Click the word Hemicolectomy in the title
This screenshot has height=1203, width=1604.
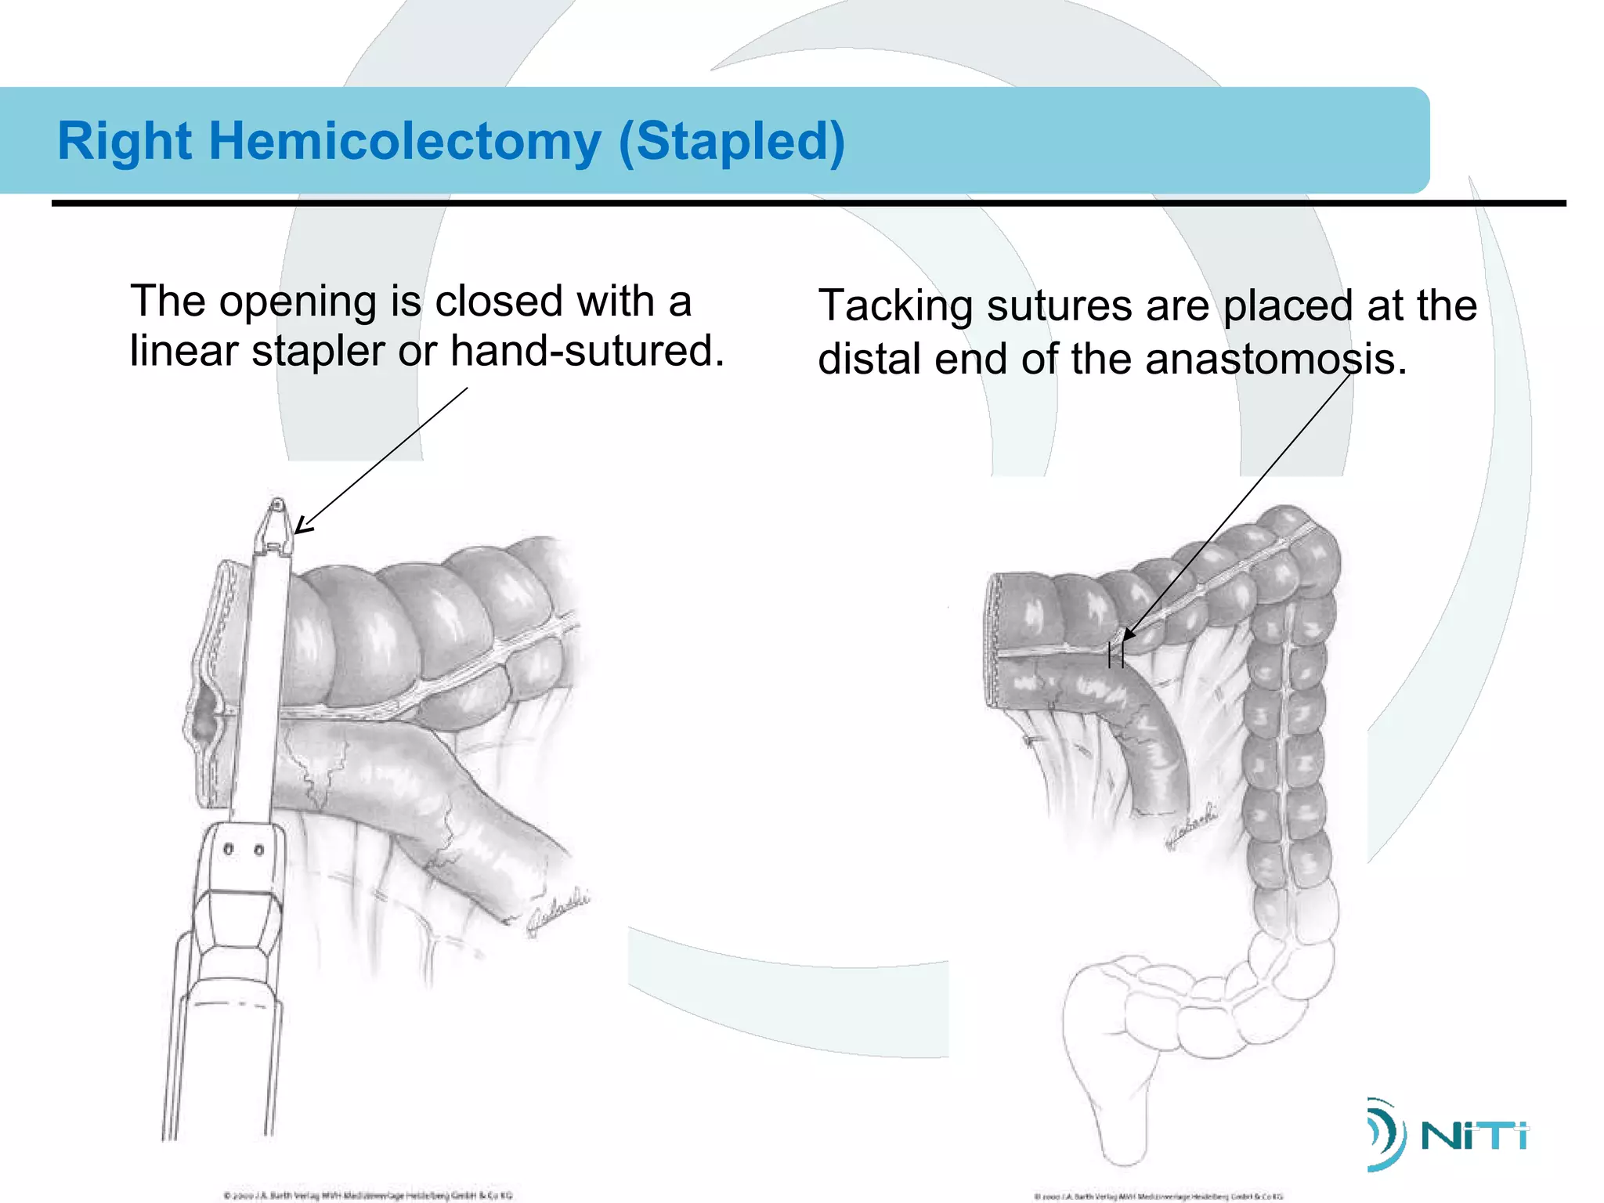404,142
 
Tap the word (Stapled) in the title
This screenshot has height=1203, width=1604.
732,142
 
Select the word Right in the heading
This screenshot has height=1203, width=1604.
125,142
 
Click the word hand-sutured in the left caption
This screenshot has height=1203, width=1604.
587,351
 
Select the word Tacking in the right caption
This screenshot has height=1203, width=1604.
895,305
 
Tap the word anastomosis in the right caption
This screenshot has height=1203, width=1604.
1275,359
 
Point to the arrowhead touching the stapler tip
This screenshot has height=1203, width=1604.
302,526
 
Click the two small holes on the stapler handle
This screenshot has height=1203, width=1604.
243,849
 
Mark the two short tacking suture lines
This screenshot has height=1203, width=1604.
1116,655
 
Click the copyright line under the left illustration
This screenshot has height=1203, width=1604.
367,1195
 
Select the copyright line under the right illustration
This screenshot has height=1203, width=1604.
1158,1196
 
